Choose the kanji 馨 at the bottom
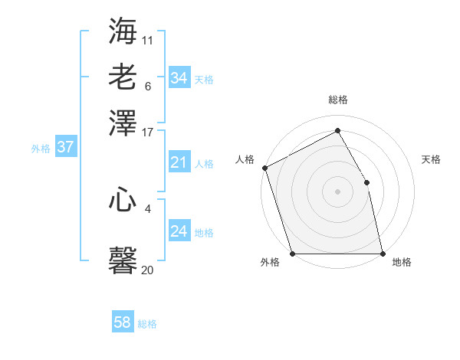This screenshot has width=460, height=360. (123, 260)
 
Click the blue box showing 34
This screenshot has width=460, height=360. (179, 78)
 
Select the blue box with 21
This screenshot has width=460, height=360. (179, 162)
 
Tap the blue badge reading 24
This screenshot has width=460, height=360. (179, 231)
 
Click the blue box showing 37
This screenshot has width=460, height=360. (65, 147)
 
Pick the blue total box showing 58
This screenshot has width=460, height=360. (123, 322)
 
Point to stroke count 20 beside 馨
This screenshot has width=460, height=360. (147, 270)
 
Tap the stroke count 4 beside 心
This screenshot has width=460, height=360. (147, 208)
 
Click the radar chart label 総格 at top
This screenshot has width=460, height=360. (337, 100)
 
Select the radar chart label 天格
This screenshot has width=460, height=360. (431, 159)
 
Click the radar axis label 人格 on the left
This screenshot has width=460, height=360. (245, 159)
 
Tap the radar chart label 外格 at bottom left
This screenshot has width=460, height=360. (270, 263)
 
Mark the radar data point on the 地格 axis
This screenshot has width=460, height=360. (383, 254)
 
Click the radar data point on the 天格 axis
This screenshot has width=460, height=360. (366, 182)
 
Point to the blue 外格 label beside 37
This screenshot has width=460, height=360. (41, 149)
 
